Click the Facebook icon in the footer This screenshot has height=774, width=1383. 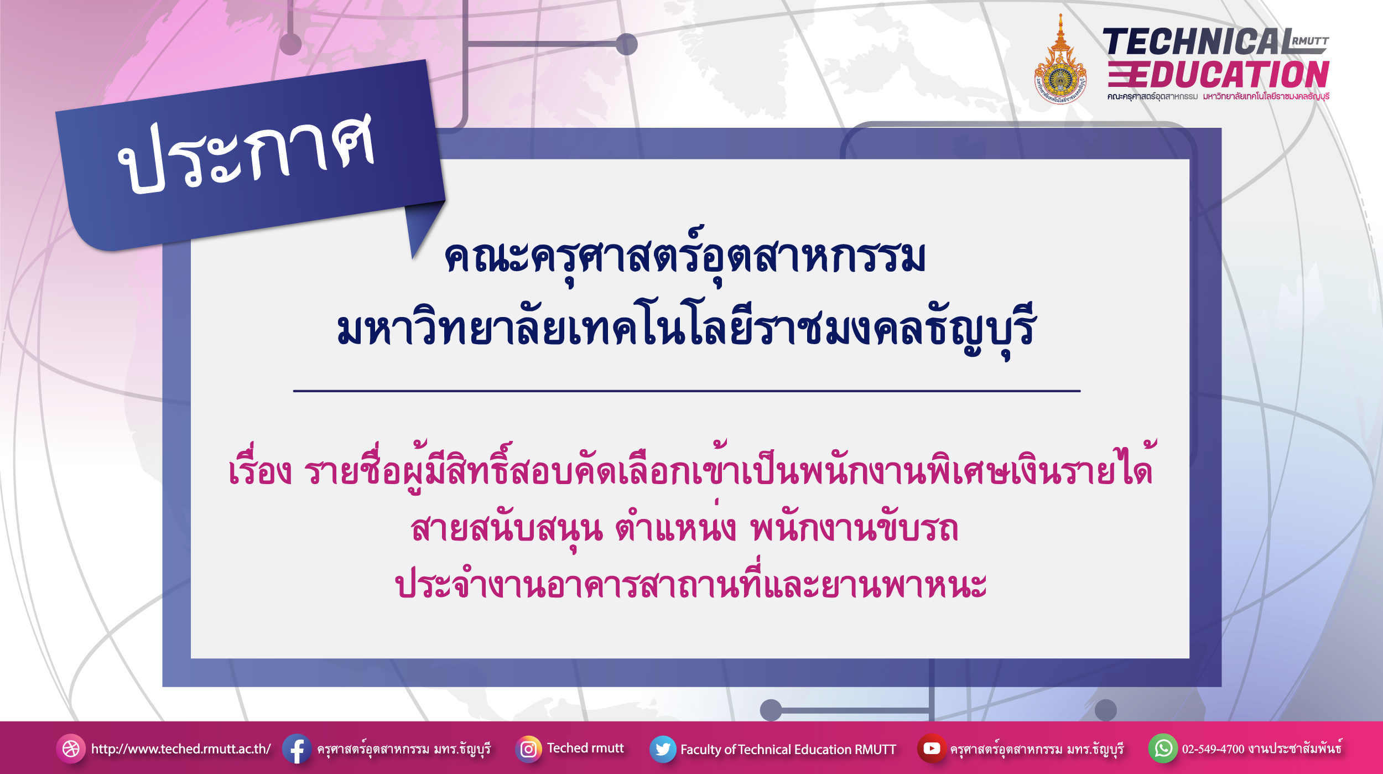(x=297, y=749)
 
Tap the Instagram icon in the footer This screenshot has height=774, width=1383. (x=528, y=749)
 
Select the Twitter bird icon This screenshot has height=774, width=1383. (x=663, y=749)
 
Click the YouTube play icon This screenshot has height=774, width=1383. (x=932, y=748)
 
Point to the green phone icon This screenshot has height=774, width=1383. (x=1163, y=749)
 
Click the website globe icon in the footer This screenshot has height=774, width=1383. (x=71, y=749)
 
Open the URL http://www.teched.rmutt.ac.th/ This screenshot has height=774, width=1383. (x=181, y=749)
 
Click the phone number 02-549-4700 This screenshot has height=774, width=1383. (x=1213, y=749)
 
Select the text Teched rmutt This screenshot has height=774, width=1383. (x=585, y=748)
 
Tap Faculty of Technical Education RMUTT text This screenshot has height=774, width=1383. (x=788, y=749)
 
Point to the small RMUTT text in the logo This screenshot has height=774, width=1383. (x=1310, y=41)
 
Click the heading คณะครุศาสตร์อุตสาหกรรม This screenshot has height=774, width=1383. (x=685, y=256)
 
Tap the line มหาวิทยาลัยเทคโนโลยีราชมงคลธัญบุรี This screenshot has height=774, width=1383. (x=687, y=329)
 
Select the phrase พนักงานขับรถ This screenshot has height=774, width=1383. (x=854, y=528)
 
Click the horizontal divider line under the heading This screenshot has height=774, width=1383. (x=687, y=391)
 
